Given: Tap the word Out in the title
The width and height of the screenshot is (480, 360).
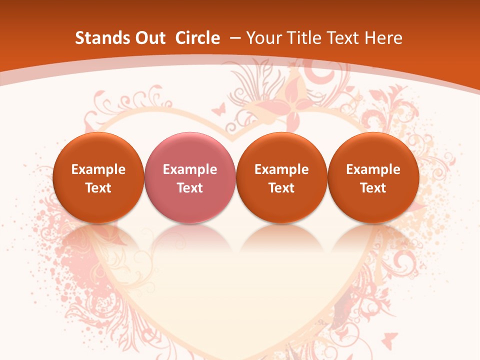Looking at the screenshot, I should (148, 38).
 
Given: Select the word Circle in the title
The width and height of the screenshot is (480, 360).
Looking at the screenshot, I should (197, 38).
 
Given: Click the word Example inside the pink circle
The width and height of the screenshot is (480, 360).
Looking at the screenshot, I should (189, 169).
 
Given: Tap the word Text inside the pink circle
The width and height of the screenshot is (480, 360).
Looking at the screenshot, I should (189, 188).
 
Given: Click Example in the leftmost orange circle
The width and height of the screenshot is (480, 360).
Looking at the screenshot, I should (98, 169).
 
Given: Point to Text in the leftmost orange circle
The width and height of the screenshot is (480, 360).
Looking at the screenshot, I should (98, 188).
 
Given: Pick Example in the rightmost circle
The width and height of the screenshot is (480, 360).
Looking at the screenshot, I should (373, 169).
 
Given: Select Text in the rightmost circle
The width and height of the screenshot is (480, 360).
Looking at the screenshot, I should (373, 188).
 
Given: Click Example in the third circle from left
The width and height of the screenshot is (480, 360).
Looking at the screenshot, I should (281, 169).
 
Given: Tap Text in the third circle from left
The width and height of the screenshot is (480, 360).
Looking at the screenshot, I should (281, 188).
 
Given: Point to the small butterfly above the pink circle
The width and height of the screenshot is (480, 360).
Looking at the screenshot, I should (218, 108).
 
